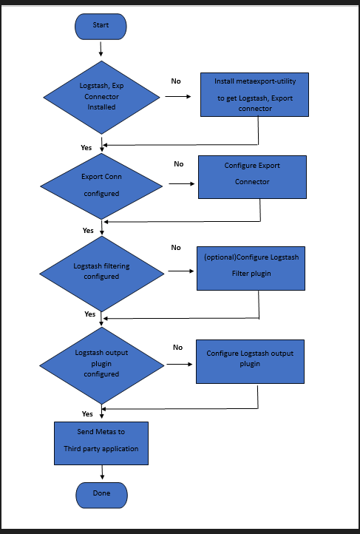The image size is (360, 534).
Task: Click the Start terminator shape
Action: point(101,26)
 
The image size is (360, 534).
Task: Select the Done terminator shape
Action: point(101,494)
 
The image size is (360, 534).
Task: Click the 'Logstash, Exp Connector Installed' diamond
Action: point(102,96)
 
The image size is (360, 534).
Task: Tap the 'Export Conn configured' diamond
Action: point(101,185)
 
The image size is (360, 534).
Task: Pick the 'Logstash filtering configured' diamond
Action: point(101,271)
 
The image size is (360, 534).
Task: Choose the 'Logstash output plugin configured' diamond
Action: point(101,363)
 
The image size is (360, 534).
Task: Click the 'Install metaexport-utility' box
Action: point(254,94)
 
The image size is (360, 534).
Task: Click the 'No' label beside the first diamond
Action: point(176,81)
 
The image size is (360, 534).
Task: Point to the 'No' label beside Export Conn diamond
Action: point(179,163)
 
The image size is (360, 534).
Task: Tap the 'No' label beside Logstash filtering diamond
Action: point(176,248)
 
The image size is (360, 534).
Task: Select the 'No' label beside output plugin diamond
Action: point(178,347)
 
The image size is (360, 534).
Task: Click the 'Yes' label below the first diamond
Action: point(86,147)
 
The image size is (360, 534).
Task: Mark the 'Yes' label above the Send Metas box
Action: point(87,413)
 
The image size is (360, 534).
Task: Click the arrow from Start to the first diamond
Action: point(101,48)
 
